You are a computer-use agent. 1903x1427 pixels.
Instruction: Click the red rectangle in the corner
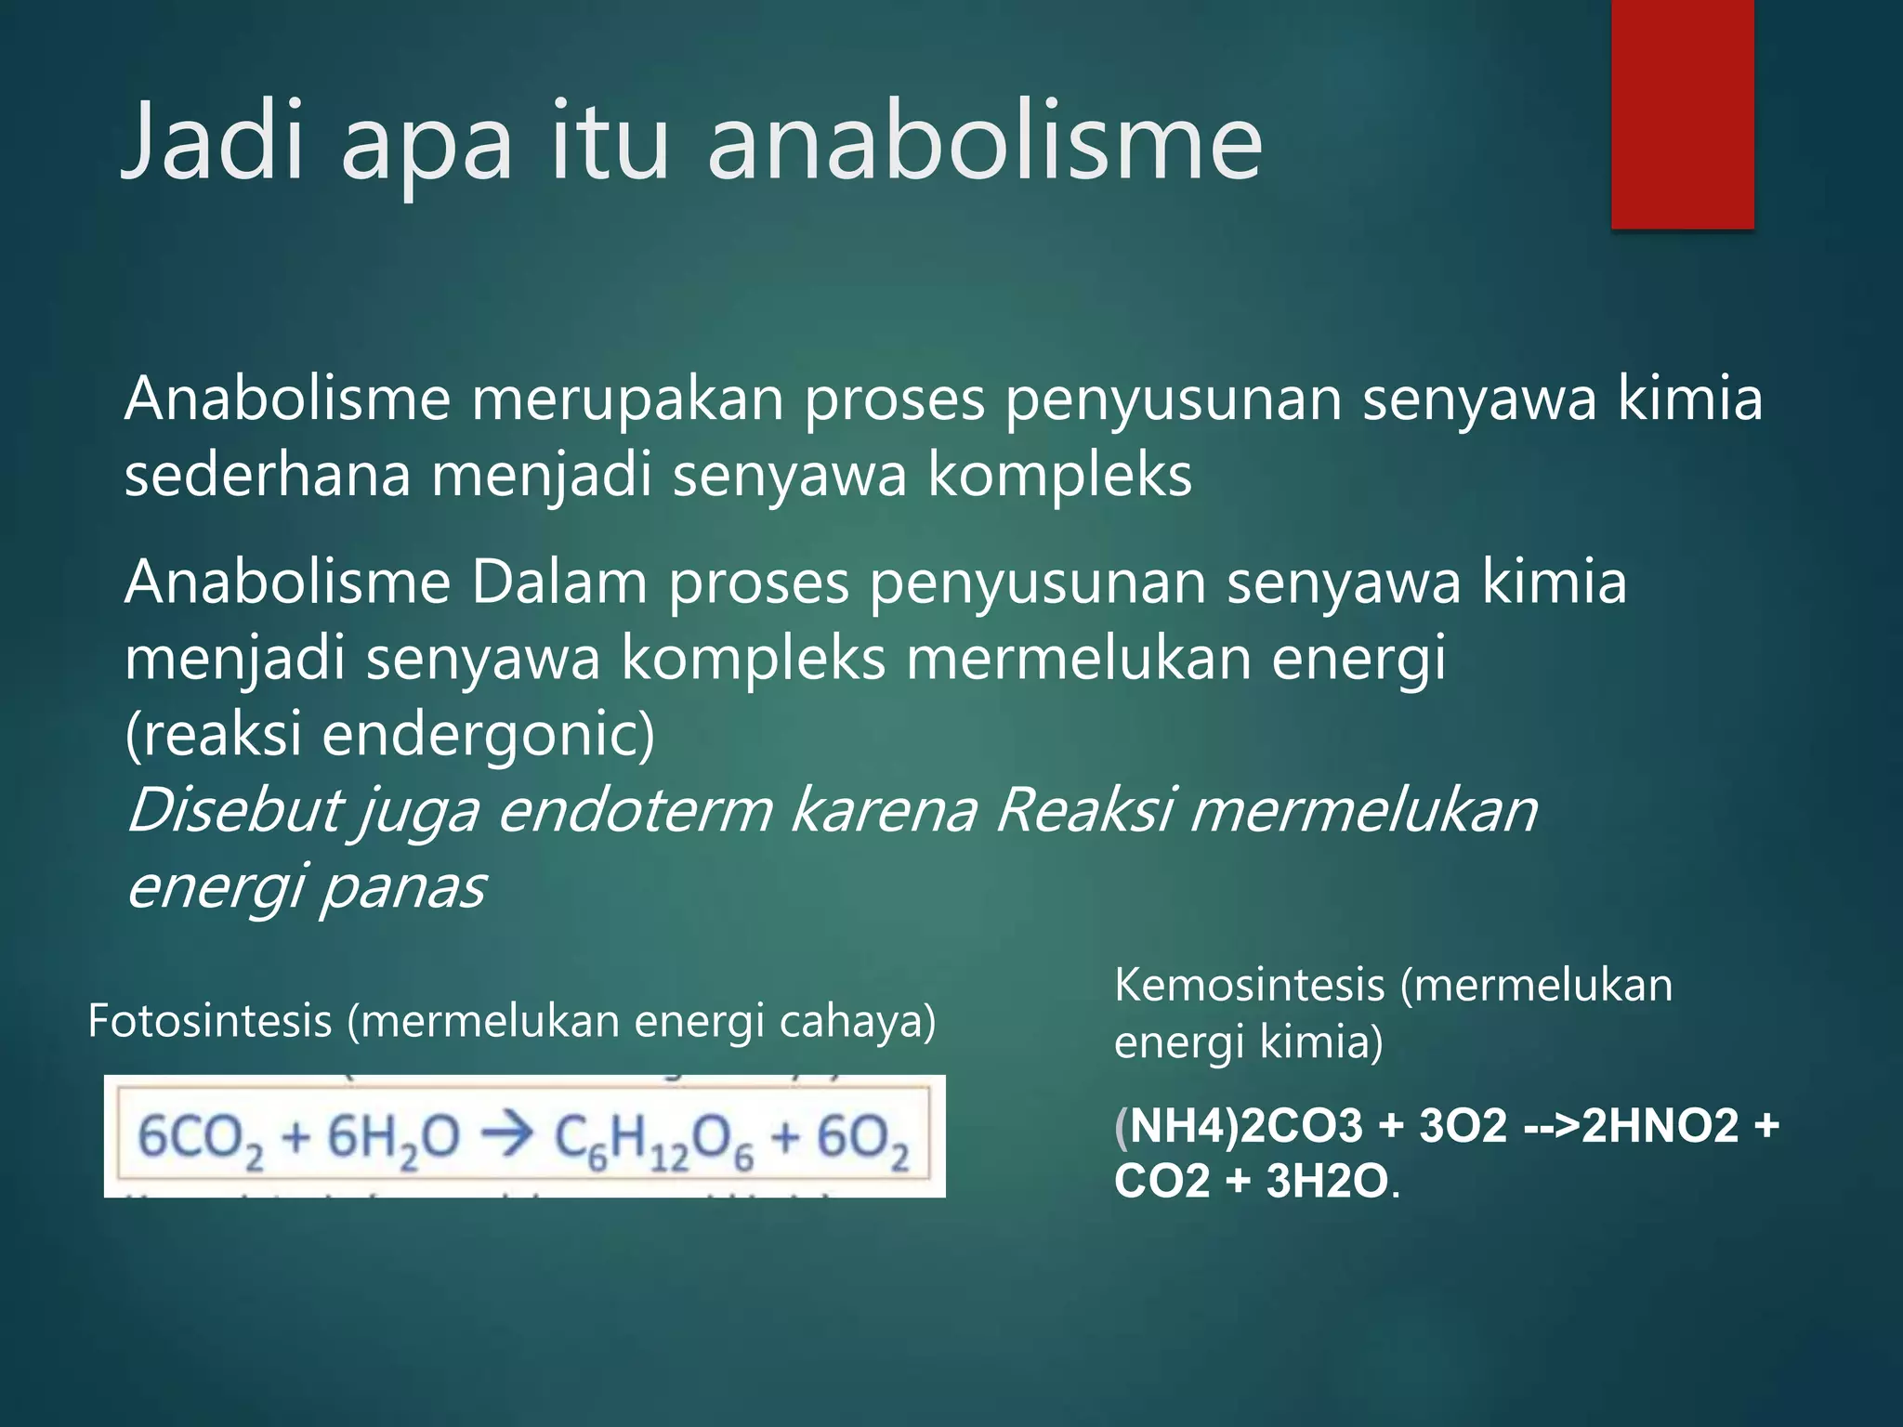tap(1682, 113)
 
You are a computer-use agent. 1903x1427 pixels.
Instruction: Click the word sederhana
tap(268, 476)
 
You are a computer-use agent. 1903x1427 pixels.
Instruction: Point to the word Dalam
tap(558, 583)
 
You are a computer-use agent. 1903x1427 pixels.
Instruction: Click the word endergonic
tap(488, 734)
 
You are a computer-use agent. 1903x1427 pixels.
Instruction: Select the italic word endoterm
tap(636, 810)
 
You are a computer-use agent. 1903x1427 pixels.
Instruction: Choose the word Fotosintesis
tap(210, 1021)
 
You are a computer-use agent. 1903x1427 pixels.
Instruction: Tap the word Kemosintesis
tap(1249, 985)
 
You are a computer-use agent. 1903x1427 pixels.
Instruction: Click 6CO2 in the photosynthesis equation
tap(201, 1139)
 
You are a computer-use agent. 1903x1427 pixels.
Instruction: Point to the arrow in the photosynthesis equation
tap(506, 1135)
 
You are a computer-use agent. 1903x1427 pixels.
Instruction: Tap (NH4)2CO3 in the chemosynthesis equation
tap(1238, 1126)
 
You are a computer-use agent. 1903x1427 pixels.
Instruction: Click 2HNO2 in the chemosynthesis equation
tap(1660, 1126)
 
